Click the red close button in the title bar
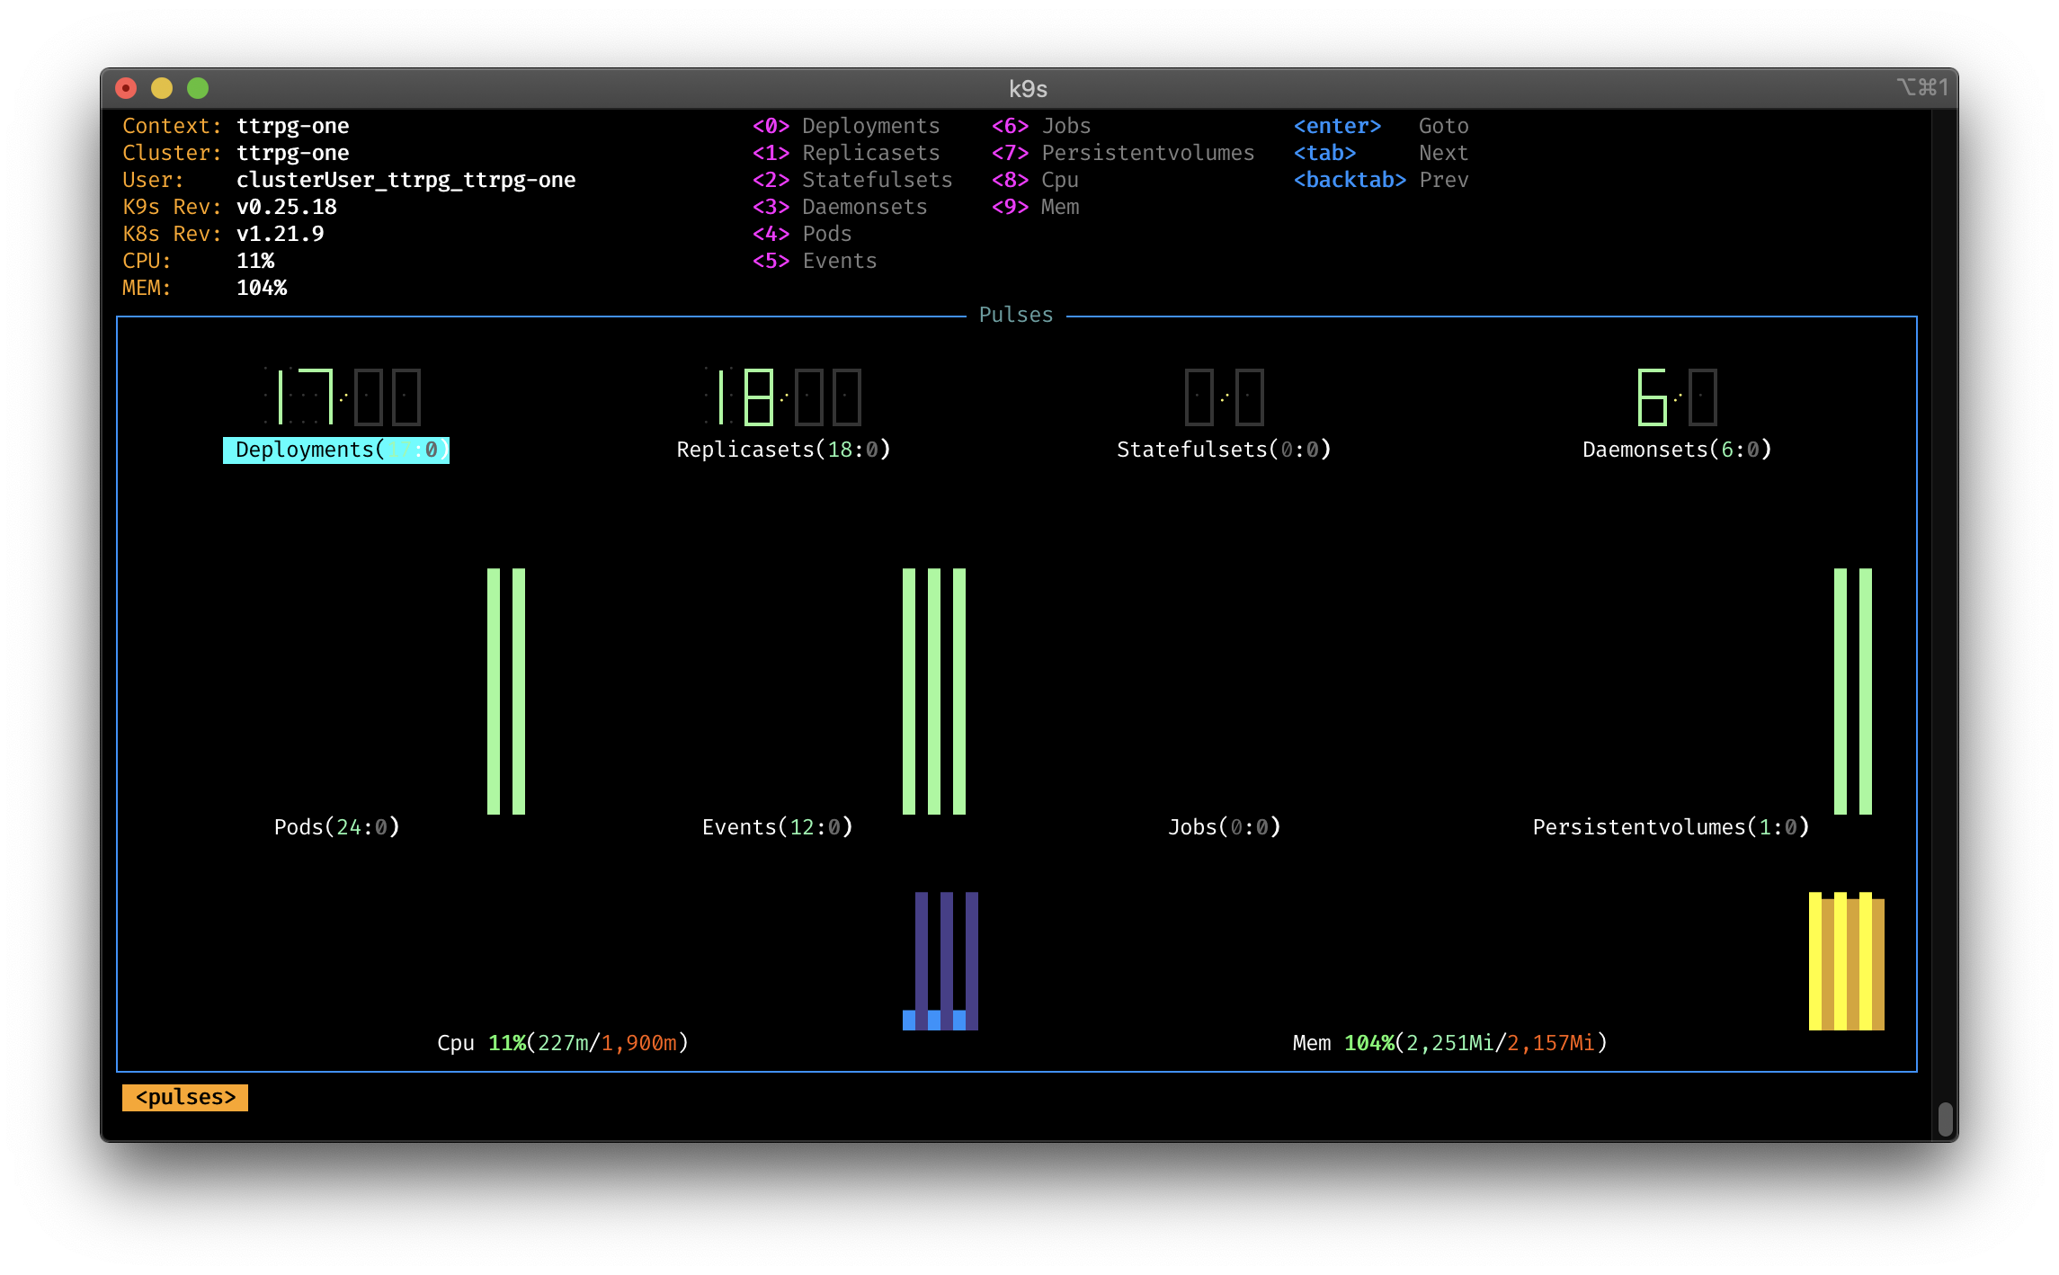coord(126,88)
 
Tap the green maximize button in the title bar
coord(198,88)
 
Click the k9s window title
coord(1028,89)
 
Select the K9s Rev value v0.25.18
coord(287,207)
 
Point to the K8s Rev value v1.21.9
coord(281,234)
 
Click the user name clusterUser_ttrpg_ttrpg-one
coord(406,180)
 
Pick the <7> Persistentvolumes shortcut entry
coord(1123,153)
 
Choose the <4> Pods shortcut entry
coord(802,234)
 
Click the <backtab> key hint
coord(1350,180)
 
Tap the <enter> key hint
coord(1337,126)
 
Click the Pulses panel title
coord(1016,315)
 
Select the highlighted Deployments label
coord(336,450)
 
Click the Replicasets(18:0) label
coord(783,450)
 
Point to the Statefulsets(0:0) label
coord(1224,450)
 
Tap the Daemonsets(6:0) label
coord(1677,450)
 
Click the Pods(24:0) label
coord(336,827)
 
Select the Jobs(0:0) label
coord(1224,827)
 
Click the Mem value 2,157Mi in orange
coord(1551,1043)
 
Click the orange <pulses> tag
coord(185,1098)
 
